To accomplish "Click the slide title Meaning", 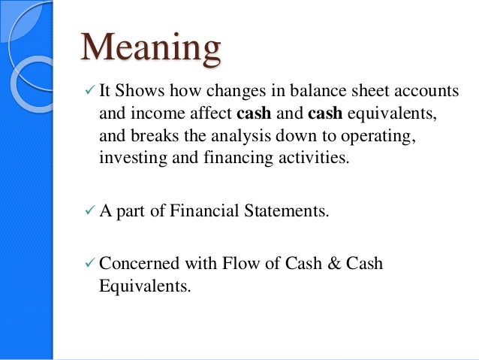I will point(151,50).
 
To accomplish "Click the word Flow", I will point(246,265).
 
